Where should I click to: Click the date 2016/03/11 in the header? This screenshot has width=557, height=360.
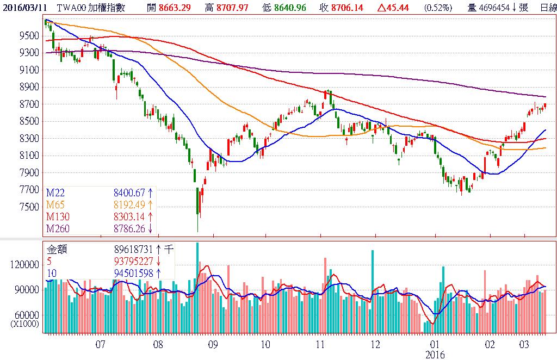pyautogui.click(x=24, y=7)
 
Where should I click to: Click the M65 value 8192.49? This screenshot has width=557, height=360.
pyautogui.click(x=130, y=204)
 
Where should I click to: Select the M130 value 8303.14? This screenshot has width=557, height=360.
pyautogui.click(x=130, y=216)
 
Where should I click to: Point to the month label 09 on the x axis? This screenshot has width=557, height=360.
pyautogui.click(x=212, y=344)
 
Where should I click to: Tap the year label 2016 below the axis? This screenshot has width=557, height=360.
pyautogui.click(x=435, y=355)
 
